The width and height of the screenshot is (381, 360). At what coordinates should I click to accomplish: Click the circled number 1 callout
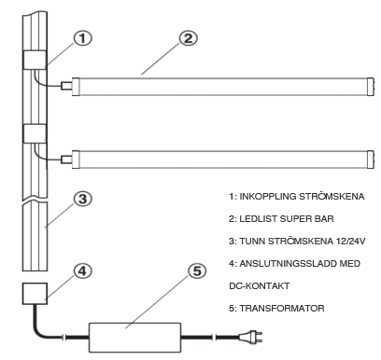pos(82,39)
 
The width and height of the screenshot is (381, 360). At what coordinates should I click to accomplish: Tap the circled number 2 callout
pos(188,38)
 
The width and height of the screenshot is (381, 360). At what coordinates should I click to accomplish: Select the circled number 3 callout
pos(82,199)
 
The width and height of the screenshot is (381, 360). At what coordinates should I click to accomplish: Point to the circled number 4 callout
pos(82,270)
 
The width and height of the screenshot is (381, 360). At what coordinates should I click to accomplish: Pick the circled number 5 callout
pos(197,270)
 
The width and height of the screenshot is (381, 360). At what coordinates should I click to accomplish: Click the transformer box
pos(135,337)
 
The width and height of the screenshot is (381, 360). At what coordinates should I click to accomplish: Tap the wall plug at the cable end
pos(250,337)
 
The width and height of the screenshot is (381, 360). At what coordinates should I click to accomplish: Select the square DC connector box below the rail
pos(35,294)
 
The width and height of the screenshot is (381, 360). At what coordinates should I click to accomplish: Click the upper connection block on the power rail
pos(35,60)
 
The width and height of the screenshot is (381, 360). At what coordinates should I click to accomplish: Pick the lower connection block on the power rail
pos(35,133)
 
